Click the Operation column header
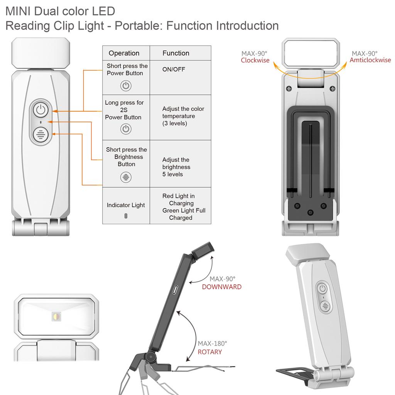tap(124, 53)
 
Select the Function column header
tap(176, 53)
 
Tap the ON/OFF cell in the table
tap(174, 69)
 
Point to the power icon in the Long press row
tap(126, 129)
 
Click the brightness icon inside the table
tap(126, 177)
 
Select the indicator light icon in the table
tap(126, 216)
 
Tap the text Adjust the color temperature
tap(183, 116)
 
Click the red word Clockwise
tap(255, 60)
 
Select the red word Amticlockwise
tap(370, 60)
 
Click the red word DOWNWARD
tap(222, 287)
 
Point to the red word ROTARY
tap(210, 352)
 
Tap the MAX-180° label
tap(213, 343)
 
